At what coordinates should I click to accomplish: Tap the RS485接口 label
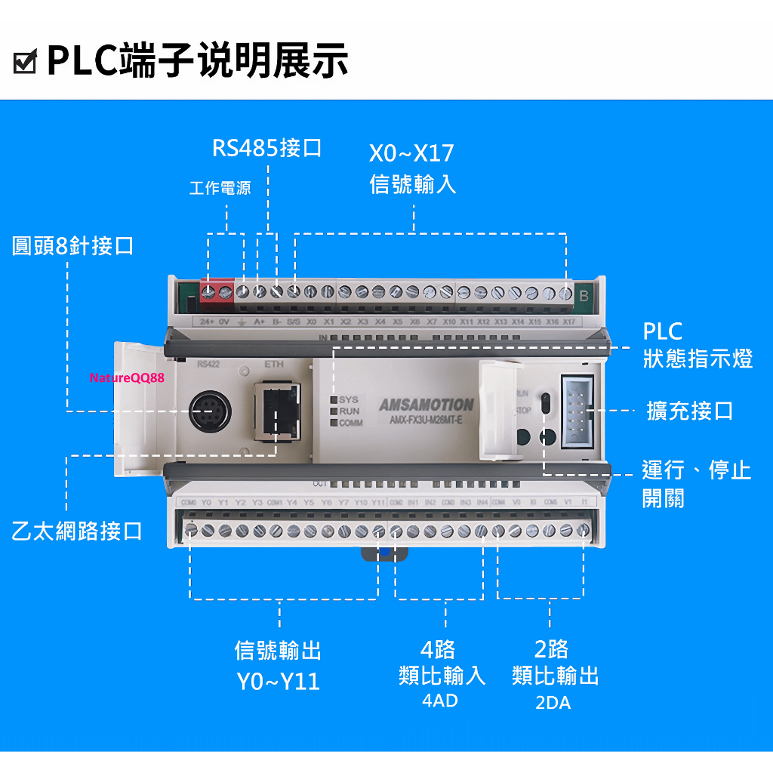[266, 147]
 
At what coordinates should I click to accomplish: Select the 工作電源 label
[220, 188]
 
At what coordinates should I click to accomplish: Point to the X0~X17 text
[411, 153]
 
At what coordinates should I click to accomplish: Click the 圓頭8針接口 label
[72, 245]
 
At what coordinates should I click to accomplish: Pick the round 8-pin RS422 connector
[209, 411]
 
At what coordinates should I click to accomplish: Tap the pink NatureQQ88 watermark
[127, 377]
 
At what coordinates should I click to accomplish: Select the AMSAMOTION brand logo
[427, 405]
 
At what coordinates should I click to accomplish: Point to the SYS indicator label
[348, 399]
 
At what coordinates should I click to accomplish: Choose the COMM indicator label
[350, 423]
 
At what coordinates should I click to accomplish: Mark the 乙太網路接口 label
[77, 531]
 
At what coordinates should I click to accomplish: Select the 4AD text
[440, 701]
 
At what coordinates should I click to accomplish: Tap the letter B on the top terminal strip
[584, 296]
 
